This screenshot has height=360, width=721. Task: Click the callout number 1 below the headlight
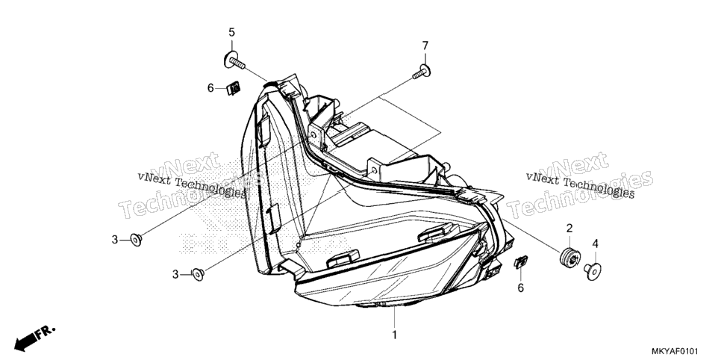(394, 335)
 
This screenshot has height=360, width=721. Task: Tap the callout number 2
(569, 228)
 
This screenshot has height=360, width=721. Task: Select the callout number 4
(595, 243)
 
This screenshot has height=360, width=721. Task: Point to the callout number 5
(231, 32)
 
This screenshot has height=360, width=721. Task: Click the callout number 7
(425, 46)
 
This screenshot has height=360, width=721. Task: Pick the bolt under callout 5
(234, 60)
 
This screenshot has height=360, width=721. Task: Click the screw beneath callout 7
(422, 72)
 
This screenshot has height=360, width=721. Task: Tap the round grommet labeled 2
(569, 258)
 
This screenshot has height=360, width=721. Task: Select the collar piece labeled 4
(593, 270)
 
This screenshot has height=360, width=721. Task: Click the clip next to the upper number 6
(234, 88)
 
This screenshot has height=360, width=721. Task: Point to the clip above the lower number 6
(520, 262)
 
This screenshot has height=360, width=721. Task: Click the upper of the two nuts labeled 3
(136, 240)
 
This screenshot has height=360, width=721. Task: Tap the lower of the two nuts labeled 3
(198, 274)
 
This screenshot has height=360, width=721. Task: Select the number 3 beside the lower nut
(175, 275)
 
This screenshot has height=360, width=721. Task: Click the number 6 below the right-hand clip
(520, 288)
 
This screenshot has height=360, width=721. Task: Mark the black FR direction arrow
(27, 341)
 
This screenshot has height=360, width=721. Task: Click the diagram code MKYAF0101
(675, 351)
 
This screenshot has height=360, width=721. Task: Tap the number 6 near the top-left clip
(210, 88)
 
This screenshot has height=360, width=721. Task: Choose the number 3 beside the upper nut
(114, 240)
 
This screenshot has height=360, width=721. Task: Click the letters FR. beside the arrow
(46, 332)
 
